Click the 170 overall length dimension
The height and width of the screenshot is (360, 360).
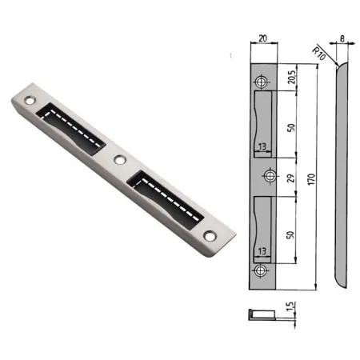[311, 179]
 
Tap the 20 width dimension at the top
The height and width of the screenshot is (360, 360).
[262, 38]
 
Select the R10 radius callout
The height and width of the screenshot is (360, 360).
[319, 54]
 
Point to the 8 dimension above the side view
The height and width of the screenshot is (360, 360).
[342, 38]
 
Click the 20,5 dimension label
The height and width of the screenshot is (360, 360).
[292, 78]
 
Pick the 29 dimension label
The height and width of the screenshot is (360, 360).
[291, 178]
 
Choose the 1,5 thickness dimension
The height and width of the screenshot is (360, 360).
[291, 306]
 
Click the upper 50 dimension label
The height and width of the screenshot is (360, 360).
[292, 127]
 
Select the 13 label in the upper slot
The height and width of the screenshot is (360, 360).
[262, 146]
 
